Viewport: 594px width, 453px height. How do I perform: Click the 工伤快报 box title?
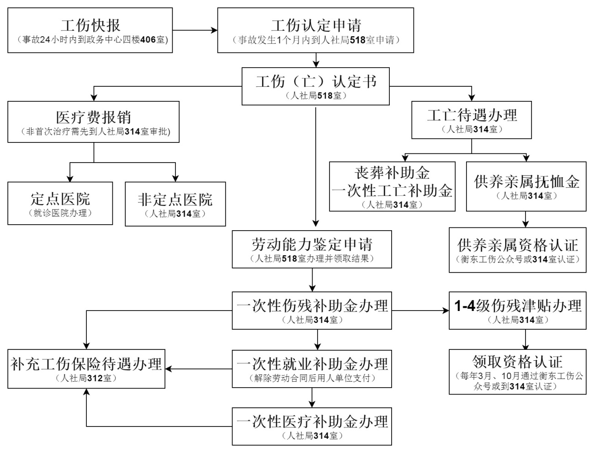pyautogui.click(x=90, y=25)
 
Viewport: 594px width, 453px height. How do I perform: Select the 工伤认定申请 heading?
pyautogui.click(x=316, y=25)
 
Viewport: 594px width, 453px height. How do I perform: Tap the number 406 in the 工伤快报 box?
pyautogui.click(x=148, y=40)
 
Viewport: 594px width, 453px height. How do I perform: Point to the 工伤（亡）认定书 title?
pyautogui.click(x=316, y=81)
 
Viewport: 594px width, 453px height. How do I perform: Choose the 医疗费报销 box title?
pyautogui.click(x=93, y=117)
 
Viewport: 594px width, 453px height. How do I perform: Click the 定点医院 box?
pyautogui.click(x=60, y=203)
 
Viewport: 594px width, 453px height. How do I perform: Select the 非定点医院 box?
pyautogui.click(x=175, y=204)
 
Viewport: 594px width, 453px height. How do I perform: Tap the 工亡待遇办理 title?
pyautogui.click(x=472, y=115)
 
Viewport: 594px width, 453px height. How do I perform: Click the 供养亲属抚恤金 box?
pyautogui.click(x=526, y=186)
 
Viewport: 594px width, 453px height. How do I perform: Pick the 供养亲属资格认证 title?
pyautogui.click(x=518, y=245)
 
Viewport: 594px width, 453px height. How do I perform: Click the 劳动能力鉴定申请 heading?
pyautogui.click(x=312, y=244)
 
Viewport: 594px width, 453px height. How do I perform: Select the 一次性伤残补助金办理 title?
pyautogui.click(x=312, y=306)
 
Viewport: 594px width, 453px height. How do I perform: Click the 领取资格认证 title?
pyautogui.click(x=518, y=362)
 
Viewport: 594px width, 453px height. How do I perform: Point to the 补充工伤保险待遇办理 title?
pyautogui.click(x=86, y=364)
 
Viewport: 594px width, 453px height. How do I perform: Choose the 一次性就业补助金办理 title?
pyautogui.click(x=312, y=364)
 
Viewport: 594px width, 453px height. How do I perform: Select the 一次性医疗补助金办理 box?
pyautogui.click(x=312, y=426)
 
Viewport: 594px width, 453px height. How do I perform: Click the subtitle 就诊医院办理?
pyautogui.click(x=60, y=213)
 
